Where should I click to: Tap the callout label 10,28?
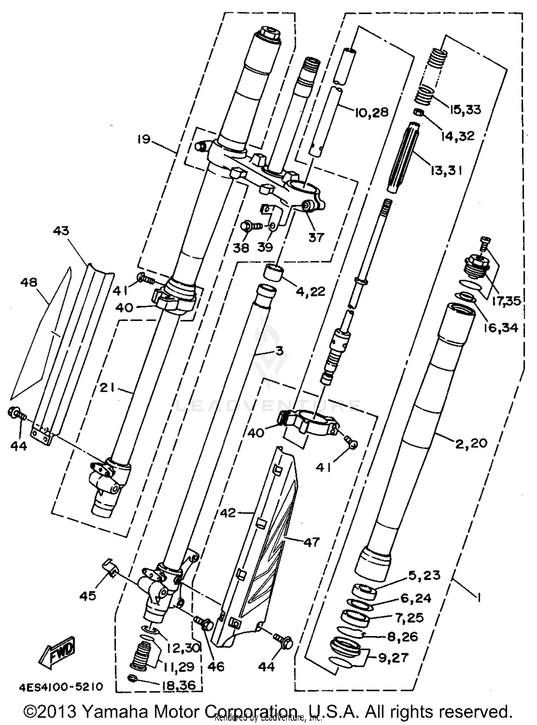click(372, 112)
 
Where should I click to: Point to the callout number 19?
click(144, 139)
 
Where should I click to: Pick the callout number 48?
click(29, 282)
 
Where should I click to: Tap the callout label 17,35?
click(505, 301)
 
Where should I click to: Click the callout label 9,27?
click(393, 658)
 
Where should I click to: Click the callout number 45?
click(88, 596)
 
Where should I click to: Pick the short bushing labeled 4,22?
click(274, 272)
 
